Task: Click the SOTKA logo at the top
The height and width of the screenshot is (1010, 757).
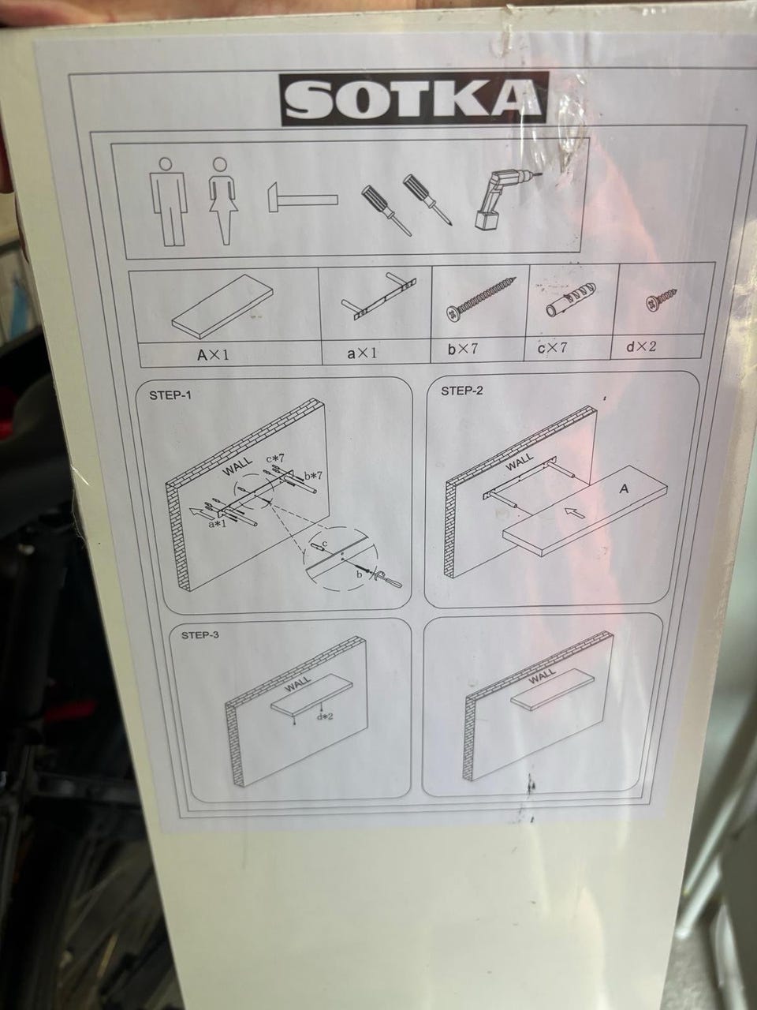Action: click(x=414, y=99)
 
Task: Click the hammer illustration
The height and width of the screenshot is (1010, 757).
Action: click(x=303, y=197)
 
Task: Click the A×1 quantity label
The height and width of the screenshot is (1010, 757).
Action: click(x=213, y=354)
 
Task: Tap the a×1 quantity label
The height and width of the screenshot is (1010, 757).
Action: click(x=362, y=353)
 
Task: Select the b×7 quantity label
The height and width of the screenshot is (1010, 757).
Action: click(x=462, y=349)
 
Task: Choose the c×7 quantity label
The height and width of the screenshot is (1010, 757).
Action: click(x=553, y=347)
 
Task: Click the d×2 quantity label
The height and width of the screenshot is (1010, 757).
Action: click(x=641, y=346)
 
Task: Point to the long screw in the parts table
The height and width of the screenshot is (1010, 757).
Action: click(x=481, y=299)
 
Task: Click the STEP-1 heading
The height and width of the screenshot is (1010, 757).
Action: click(x=170, y=395)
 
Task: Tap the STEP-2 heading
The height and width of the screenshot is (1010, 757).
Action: click(x=462, y=391)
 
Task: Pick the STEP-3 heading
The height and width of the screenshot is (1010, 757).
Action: click(x=200, y=635)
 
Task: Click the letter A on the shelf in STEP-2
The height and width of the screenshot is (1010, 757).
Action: click(x=623, y=489)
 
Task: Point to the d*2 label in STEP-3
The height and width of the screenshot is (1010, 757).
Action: click(x=325, y=716)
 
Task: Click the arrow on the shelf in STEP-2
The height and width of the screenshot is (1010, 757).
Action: click(x=575, y=512)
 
